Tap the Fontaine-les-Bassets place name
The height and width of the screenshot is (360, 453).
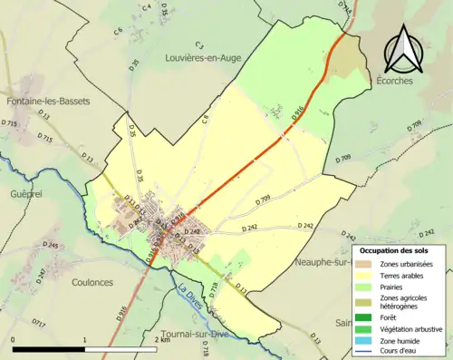tap(48, 101)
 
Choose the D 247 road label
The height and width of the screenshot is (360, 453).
tap(41, 278)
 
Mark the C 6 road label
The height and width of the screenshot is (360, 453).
tap(118, 33)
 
